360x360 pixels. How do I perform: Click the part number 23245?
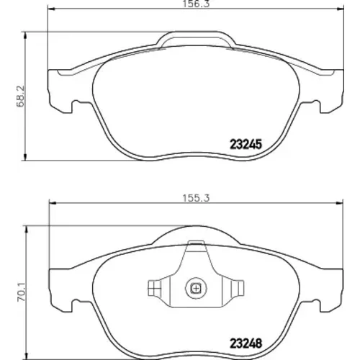(246, 145)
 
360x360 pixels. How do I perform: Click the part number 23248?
(246, 343)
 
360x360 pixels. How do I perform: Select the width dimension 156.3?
(196, 4)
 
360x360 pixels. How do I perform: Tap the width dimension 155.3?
(196, 198)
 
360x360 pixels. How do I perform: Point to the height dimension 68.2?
(21, 96)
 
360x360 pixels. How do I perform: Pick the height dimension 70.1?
(22, 292)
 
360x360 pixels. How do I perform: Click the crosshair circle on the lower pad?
(196, 288)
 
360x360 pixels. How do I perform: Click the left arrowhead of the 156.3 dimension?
(52, 9)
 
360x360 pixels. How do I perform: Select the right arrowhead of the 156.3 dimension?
(341, 9)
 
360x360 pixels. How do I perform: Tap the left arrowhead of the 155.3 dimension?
(53, 204)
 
